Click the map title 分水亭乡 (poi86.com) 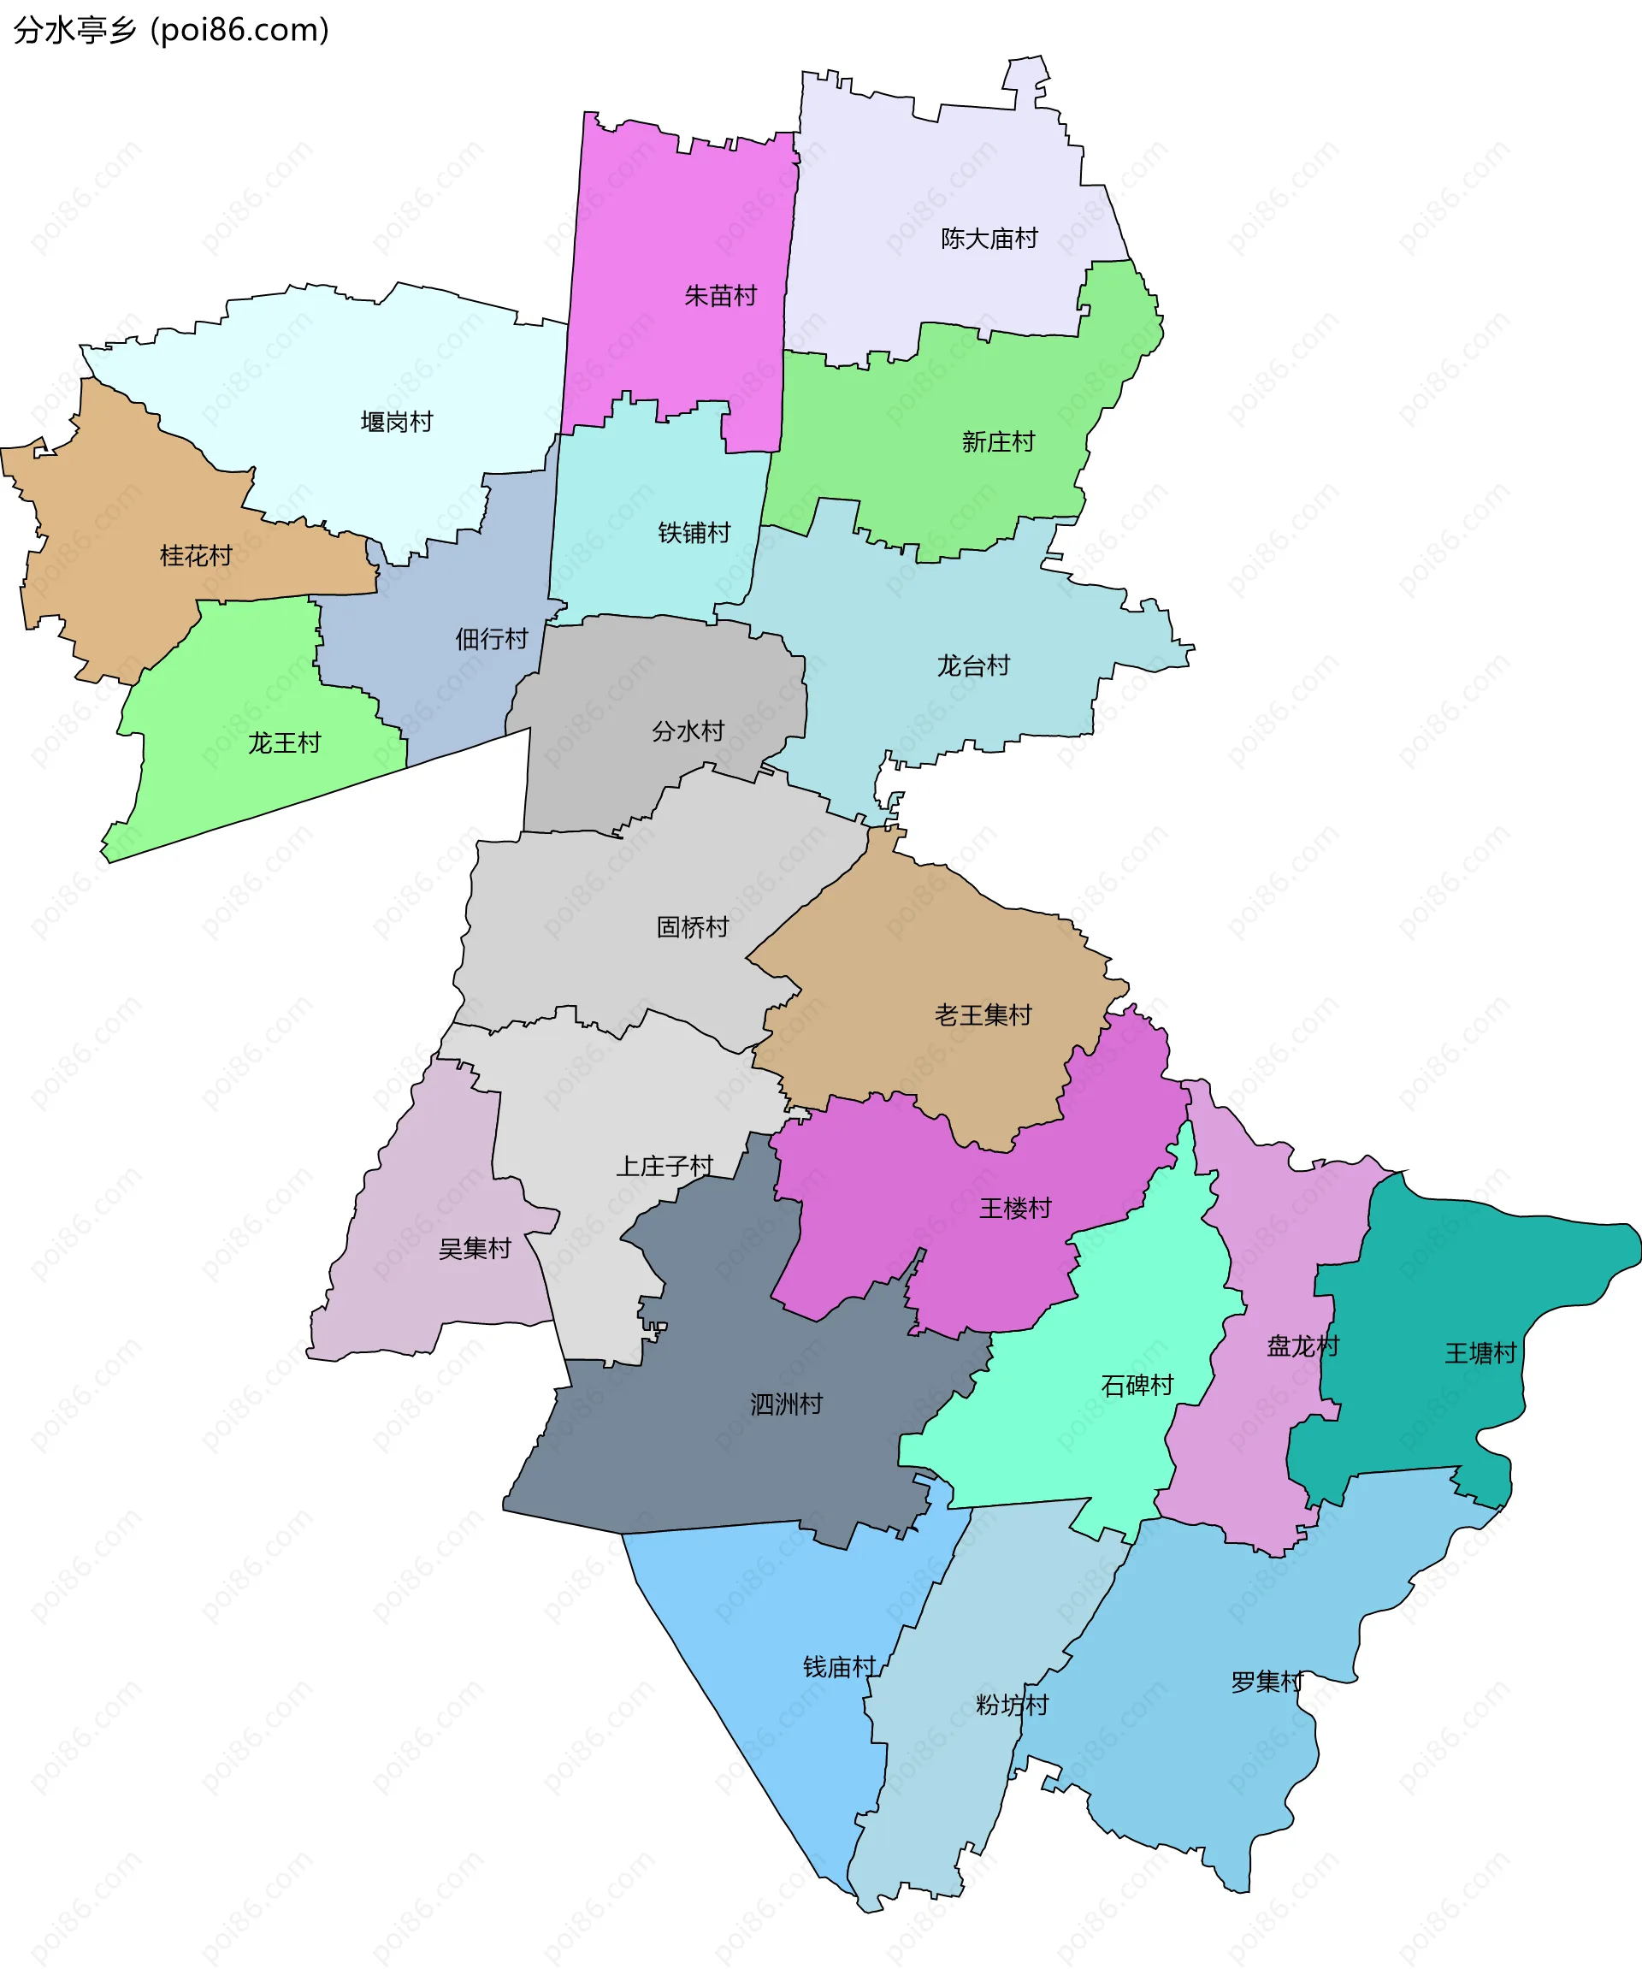172,30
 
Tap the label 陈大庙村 989,239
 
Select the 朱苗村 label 720,296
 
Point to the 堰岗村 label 397,422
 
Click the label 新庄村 998,441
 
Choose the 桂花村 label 195,556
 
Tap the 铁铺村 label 694,533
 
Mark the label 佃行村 491,640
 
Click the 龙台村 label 973,665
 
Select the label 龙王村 284,743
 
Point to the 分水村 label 688,731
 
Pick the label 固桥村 693,927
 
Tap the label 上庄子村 664,1167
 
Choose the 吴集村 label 475,1248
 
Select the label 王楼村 1015,1208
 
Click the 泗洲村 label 785,1404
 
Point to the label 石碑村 1137,1386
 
